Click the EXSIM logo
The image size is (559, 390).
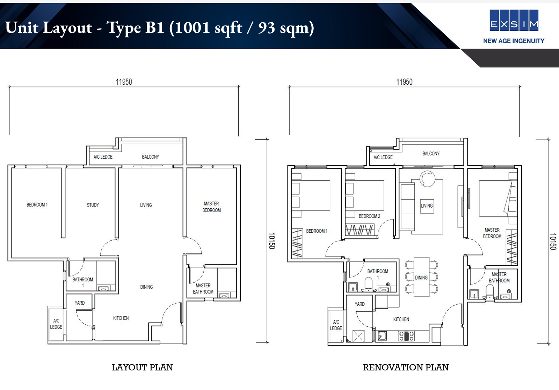[514, 20]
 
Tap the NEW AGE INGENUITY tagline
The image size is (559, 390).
[514, 41]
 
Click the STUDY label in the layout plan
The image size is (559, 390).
[93, 205]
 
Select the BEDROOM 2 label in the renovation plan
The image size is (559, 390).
[369, 216]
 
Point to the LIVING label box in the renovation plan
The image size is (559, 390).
[427, 206]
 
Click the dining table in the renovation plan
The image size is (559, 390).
[421, 277]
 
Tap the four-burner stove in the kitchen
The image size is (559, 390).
[406, 336]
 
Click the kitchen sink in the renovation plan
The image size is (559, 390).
[382, 336]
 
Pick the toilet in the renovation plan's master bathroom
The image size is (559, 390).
[489, 291]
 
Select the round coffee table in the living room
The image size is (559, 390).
[428, 179]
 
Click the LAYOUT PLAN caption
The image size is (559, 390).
[142, 367]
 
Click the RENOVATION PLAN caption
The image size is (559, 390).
[406, 367]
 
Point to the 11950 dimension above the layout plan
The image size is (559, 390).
[124, 82]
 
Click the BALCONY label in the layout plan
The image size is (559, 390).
[151, 157]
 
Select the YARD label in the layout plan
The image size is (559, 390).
[80, 303]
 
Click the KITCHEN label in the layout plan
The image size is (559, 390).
[121, 318]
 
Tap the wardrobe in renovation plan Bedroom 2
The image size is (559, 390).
[360, 230]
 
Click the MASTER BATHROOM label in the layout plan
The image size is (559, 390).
[203, 289]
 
